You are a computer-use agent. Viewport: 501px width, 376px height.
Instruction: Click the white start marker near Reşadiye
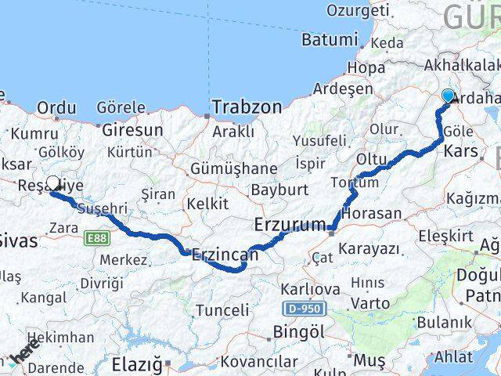53,183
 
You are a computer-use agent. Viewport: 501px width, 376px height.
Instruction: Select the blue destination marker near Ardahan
448,96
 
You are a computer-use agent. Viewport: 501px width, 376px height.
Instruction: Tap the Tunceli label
222,310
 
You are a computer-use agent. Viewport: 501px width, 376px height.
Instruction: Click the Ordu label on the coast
57,109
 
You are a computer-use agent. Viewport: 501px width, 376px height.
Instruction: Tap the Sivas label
17,241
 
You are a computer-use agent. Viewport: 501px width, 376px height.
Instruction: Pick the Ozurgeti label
358,11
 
